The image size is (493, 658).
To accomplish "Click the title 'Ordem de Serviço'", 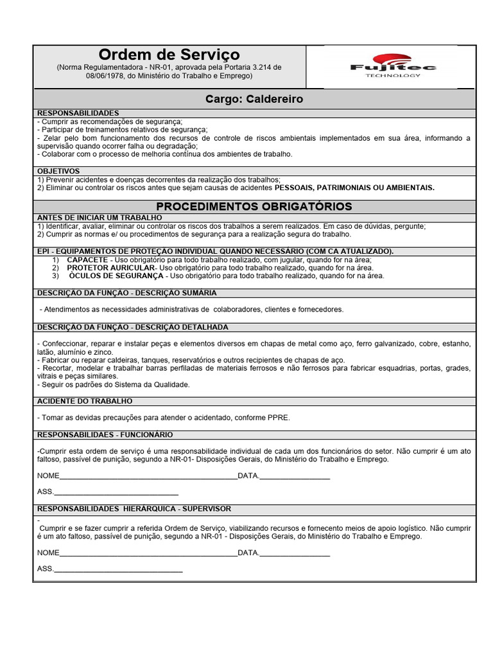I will tap(169, 54).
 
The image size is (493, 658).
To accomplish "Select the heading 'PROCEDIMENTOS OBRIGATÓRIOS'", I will tap(254, 206).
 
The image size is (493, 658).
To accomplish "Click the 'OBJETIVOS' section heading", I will tap(58, 171).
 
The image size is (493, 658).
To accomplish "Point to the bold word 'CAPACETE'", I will tap(87, 259).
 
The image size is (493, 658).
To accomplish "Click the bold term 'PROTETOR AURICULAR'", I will tap(111, 267).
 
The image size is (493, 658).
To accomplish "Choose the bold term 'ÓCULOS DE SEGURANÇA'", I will tap(116, 276).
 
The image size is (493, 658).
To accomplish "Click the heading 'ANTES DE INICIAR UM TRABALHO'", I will tap(99, 218).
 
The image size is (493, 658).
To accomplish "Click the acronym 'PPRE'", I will tap(279, 418).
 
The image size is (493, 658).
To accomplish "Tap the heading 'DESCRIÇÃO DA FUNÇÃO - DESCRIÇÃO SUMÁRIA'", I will tap(126, 293).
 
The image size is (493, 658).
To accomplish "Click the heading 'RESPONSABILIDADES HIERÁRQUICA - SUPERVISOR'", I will tap(134, 508).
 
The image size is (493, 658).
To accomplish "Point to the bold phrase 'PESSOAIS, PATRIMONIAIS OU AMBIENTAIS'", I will tap(354, 188).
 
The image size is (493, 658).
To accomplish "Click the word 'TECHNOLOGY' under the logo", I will tap(393, 75).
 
